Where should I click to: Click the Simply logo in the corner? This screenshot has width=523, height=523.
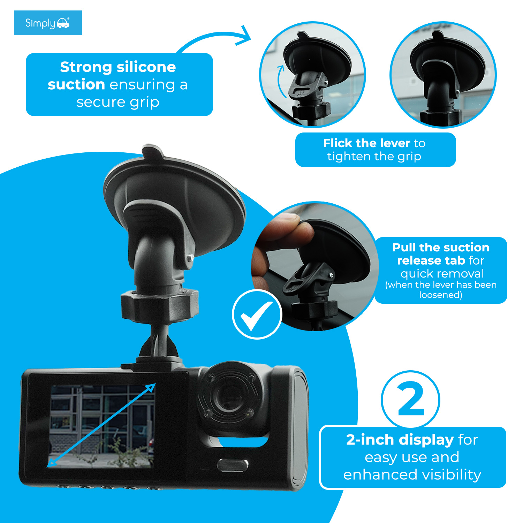47,23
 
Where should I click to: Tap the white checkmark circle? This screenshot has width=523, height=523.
257,314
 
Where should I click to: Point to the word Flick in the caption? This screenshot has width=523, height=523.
338,143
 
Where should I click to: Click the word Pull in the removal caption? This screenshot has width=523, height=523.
404,247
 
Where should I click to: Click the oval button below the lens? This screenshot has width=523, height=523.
233,465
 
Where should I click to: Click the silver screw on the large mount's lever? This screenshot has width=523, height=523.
190,258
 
